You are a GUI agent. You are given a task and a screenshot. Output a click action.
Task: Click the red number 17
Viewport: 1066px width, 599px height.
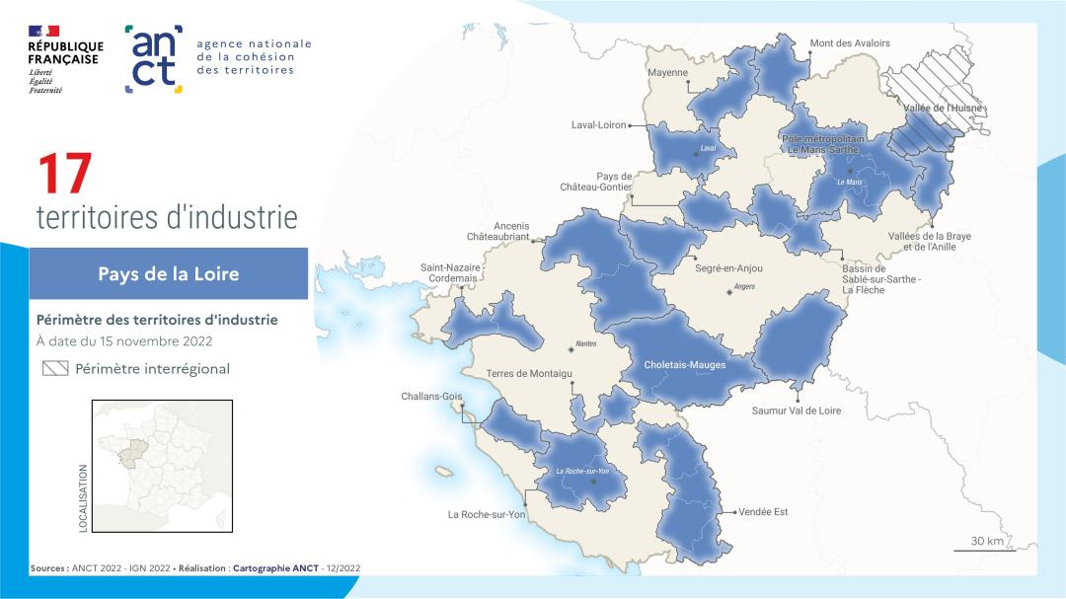coord(65,174)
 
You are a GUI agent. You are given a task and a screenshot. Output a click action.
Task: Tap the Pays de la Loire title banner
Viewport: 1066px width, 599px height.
coord(168,273)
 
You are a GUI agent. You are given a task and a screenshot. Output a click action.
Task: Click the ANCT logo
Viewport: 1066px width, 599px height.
coord(154,59)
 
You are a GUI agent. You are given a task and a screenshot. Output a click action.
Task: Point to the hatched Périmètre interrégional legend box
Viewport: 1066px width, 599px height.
coord(55,369)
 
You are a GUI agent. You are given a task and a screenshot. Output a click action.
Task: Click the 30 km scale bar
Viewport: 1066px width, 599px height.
coord(986,549)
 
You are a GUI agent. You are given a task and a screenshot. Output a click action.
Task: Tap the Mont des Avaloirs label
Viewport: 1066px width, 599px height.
coord(849,43)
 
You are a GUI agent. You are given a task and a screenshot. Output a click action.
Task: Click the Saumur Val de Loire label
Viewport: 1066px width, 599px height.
coord(796,411)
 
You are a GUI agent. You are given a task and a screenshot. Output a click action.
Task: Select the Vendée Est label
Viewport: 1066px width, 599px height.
coord(763,512)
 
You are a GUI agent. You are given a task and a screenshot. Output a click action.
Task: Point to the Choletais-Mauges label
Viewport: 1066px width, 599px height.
coord(684,365)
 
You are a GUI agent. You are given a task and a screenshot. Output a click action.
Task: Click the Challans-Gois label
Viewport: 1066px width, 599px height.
coord(431,397)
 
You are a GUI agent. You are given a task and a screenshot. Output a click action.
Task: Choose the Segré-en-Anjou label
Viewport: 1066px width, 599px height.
coord(728,268)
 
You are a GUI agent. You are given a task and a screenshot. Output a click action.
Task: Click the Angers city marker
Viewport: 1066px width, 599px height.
coord(729,292)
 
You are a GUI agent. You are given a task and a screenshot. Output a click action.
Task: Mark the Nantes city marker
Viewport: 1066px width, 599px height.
coord(570,348)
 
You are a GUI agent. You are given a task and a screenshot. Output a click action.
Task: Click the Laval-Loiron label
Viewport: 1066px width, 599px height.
coord(599,125)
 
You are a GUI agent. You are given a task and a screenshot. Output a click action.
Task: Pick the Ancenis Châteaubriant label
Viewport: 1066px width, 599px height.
coord(497,231)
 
